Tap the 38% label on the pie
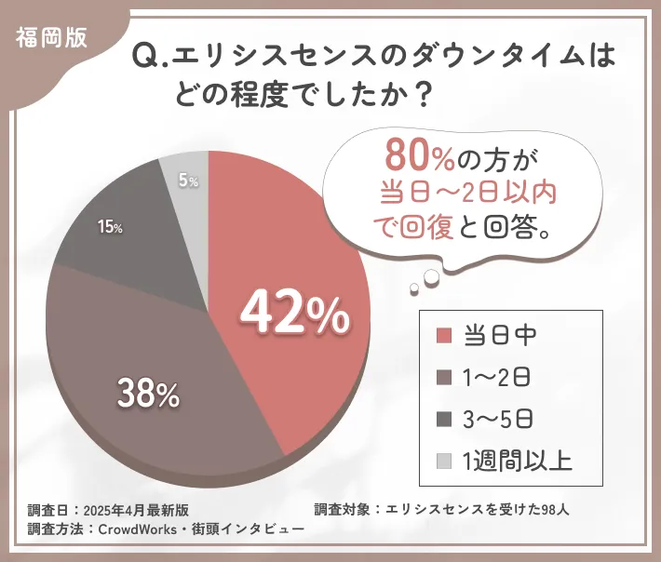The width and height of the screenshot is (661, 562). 148,395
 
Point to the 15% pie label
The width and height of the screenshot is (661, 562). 109,226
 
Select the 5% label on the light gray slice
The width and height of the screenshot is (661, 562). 187,181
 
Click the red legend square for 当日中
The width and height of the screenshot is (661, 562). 444,335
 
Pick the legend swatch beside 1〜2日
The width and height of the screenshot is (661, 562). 444,377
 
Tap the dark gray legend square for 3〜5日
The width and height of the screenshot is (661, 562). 444,419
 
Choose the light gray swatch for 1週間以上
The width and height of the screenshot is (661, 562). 444,461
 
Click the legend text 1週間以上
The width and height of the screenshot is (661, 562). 518,461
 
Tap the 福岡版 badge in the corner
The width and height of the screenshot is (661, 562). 51,34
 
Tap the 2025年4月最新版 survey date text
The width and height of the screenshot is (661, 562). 136,510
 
